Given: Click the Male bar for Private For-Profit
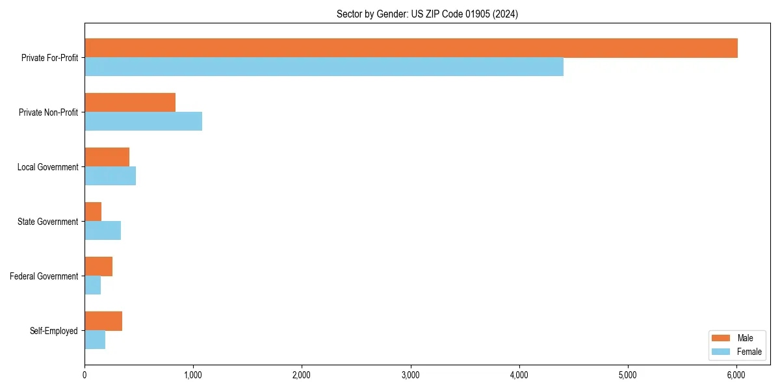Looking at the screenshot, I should tap(411, 48).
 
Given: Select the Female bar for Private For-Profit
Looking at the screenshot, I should tap(324, 67).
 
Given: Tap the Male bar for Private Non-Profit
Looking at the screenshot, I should tap(130, 103).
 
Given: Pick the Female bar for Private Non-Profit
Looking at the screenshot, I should tap(143, 122).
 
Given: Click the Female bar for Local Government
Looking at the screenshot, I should tap(110, 176).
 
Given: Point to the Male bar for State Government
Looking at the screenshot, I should tap(93, 212).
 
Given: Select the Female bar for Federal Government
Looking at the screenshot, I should tap(92, 285).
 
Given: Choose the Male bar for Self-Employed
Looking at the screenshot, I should tap(103, 321).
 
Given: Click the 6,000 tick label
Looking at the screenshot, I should tap(736, 374).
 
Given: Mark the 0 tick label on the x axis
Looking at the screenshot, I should tap(84, 374).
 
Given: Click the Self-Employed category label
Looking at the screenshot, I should tap(54, 331).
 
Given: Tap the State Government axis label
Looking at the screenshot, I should tap(47, 222).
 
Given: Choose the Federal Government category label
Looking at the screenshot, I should tap(44, 276).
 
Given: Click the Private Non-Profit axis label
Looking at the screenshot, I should tap(48, 112).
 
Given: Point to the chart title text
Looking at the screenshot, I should tap(427, 14).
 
